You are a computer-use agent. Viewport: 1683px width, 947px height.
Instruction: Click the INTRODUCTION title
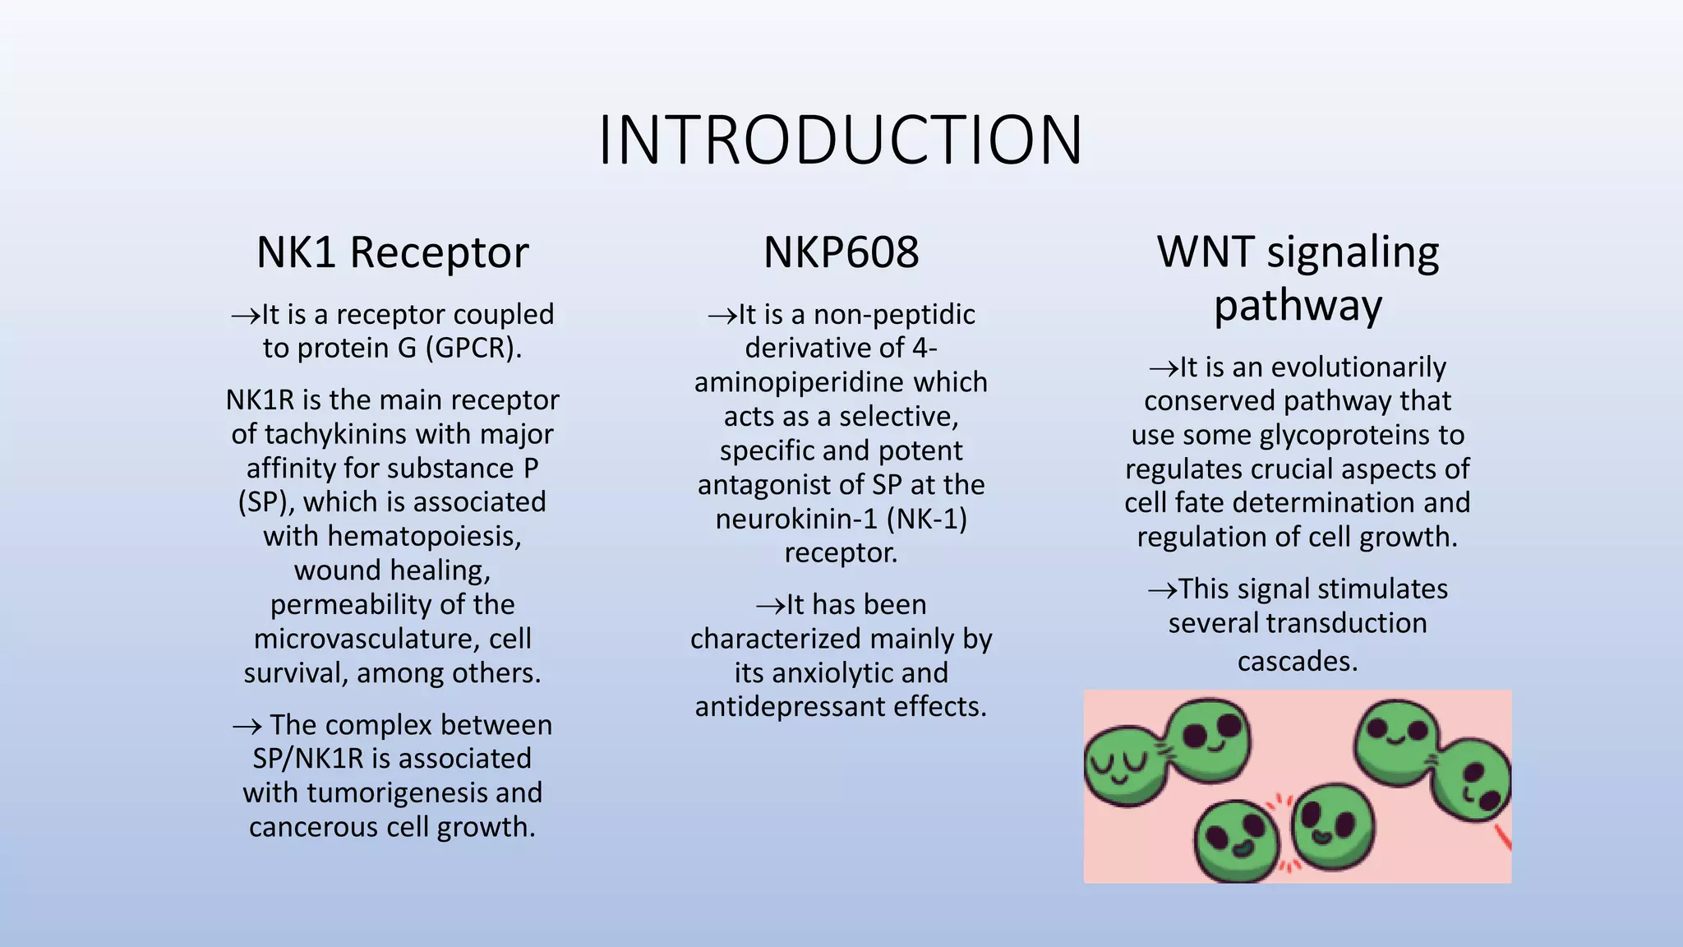841,140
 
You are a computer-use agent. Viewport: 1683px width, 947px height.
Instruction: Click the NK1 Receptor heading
392,252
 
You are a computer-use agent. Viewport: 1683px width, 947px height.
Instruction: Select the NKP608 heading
841,252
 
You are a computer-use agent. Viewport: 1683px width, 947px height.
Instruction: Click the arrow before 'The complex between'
247,726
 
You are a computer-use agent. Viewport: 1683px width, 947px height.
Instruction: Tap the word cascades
1297,661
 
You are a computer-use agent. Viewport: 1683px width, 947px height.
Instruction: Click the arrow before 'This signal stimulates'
1161,589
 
